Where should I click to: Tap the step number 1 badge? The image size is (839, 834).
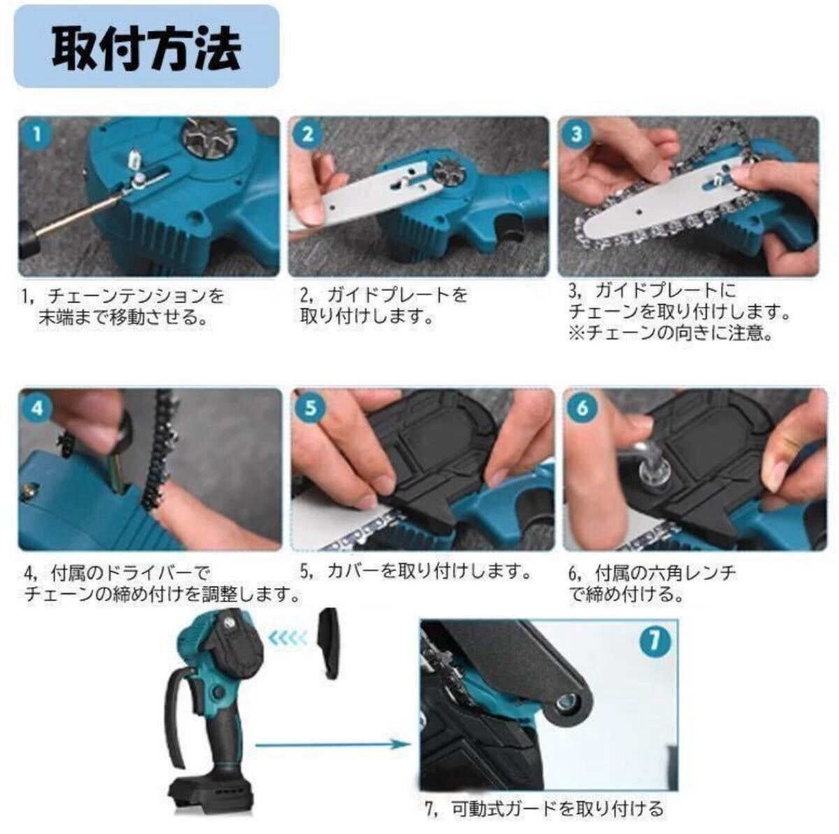pos(37,134)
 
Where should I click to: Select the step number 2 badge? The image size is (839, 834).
pos(308,134)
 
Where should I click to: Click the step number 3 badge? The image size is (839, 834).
pos(576,134)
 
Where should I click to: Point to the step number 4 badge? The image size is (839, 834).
pos(38,408)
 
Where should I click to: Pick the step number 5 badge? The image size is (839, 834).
pos(310,408)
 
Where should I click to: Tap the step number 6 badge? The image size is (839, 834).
pos(582,408)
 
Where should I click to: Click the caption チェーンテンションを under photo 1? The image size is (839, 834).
pos(136,296)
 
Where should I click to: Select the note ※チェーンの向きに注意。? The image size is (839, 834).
pos(670,333)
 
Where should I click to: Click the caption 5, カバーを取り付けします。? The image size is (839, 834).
pos(416,571)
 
